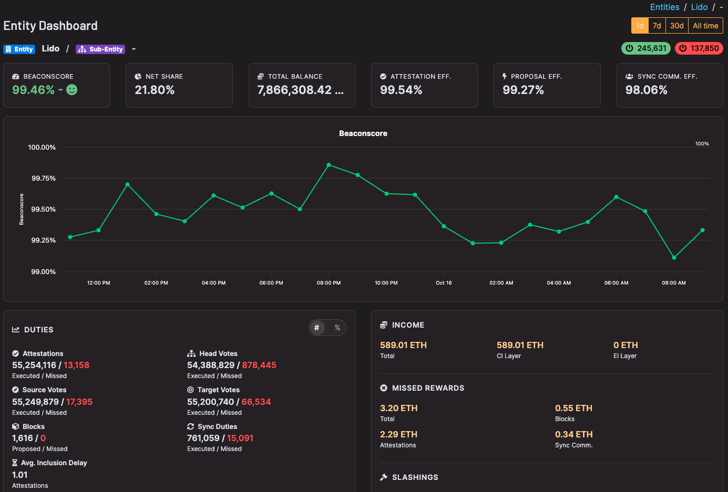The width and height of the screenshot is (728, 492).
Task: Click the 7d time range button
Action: pyautogui.click(x=657, y=26)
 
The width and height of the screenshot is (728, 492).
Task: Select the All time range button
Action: pyautogui.click(x=705, y=26)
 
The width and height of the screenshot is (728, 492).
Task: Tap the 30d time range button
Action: pyautogui.click(x=676, y=26)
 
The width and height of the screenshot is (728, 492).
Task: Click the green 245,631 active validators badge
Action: pyautogui.click(x=646, y=48)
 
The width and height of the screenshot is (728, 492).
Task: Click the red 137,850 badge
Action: pyautogui.click(x=699, y=48)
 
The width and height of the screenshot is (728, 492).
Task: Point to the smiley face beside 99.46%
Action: pyautogui.click(x=72, y=90)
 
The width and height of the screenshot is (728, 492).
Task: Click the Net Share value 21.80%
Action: pyautogui.click(x=155, y=90)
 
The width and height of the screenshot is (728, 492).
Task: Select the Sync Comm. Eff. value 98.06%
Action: pyautogui.click(x=646, y=90)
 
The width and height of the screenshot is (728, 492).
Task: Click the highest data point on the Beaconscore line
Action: pyautogui.click(x=329, y=165)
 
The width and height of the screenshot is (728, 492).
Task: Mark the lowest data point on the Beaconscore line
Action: pyautogui.click(x=674, y=257)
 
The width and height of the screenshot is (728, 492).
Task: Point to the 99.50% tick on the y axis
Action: pyautogui.click(x=44, y=210)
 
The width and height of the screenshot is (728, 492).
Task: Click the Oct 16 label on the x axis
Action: pyautogui.click(x=444, y=283)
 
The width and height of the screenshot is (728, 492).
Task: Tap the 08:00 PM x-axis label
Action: pyautogui.click(x=329, y=283)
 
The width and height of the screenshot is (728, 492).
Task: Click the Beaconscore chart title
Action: pyautogui.click(x=363, y=133)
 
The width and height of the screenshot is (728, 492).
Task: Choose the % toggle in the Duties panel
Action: pyautogui.click(x=337, y=328)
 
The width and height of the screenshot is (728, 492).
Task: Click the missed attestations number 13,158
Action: pyautogui.click(x=76, y=365)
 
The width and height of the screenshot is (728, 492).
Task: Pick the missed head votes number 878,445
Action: pyautogui.click(x=259, y=365)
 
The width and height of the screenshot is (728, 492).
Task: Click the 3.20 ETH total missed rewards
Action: pyautogui.click(x=398, y=408)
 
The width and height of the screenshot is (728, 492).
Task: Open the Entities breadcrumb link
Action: pyautogui.click(x=664, y=7)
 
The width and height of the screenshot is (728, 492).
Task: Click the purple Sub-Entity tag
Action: pyautogui.click(x=100, y=49)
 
